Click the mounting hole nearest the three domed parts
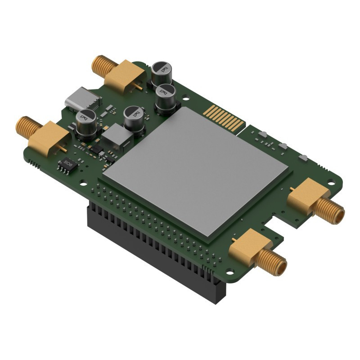(x=331, y=183)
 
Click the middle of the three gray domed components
(x=283, y=145)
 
